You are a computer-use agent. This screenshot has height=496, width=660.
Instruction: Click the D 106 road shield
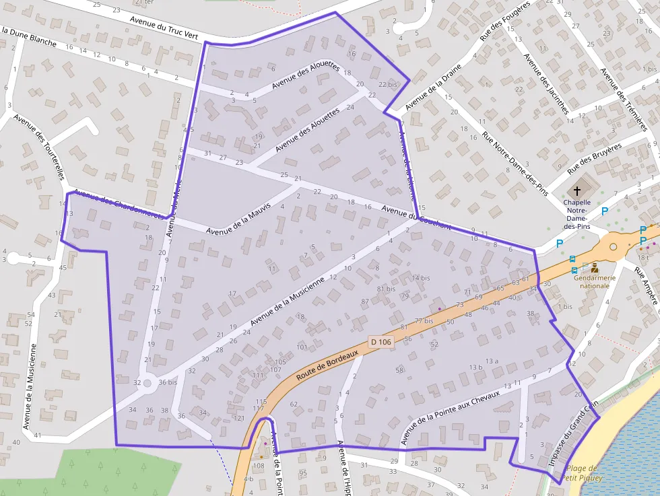pyautogui.click(x=381, y=343)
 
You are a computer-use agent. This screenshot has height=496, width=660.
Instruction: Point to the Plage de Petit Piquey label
pyautogui.click(x=582, y=473)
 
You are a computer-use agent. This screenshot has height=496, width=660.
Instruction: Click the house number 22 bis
pyautogui.click(x=388, y=84)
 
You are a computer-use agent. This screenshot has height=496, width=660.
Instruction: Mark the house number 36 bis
pyautogui.click(x=168, y=382)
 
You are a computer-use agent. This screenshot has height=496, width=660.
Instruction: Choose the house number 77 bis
pyautogui.click(x=424, y=321)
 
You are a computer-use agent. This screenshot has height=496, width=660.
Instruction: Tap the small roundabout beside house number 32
pyautogui.click(x=147, y=382)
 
